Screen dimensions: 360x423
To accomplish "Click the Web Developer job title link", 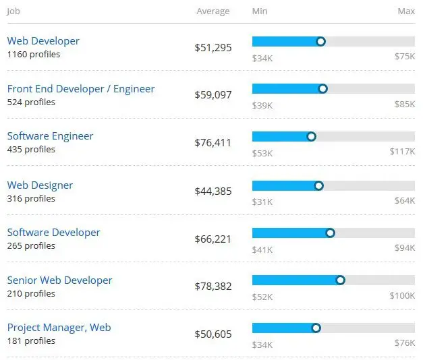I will point(43,41).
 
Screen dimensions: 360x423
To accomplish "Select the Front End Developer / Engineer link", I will point(81,89).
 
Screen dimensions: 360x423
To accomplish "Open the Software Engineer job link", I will point(50,136).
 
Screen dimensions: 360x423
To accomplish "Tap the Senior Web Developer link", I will point(59,280).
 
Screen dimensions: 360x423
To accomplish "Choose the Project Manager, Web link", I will point(59,328).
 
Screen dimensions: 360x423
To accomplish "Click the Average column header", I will point(213,11).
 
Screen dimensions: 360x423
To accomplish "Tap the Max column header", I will point(406,11).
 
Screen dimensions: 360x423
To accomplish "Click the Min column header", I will point(260,11).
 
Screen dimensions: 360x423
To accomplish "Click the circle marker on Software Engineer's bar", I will point(311,136).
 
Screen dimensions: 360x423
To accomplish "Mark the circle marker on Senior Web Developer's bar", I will point(340,280).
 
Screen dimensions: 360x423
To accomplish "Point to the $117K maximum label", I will point(402,152).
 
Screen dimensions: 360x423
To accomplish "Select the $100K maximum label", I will point(402,297).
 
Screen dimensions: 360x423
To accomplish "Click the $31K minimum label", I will point(262,201).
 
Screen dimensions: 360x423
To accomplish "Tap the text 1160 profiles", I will point(33,55).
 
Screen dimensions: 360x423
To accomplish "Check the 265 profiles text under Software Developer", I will point(31,246).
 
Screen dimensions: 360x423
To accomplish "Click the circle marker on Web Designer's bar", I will point(318,185).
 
